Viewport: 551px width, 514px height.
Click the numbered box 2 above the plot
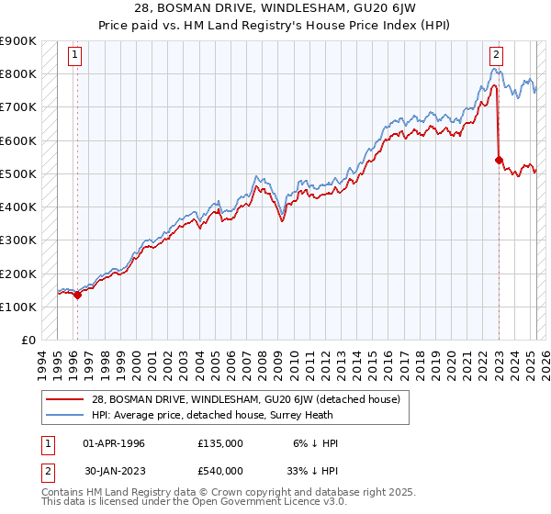[496, 54]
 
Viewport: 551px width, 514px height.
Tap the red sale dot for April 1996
[77, 295]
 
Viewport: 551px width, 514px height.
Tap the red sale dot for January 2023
[499, 160]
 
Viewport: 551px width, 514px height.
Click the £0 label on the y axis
[28, 340]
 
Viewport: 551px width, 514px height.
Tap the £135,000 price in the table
[220, 442]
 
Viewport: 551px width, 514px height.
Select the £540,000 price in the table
[220, 471]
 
